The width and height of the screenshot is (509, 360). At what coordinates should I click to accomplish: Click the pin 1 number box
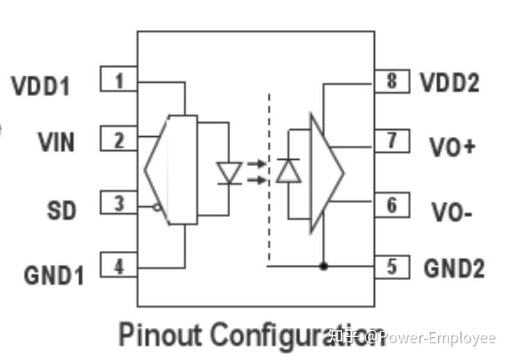[119, 79]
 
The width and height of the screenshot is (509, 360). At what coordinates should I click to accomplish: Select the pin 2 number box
[119, 138]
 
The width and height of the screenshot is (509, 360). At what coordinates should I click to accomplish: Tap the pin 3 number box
[119, 202]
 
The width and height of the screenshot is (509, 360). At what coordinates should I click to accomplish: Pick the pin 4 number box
[119, 265]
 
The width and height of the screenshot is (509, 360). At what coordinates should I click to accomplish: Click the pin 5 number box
[392, 267]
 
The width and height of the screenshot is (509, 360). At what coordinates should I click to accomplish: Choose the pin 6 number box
[392, 204]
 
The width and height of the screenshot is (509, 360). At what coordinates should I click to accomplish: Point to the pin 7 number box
[392, 141]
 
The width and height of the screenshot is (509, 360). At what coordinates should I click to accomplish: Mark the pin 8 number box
[392, 81]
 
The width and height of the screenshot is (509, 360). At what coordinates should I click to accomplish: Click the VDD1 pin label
[40, 86]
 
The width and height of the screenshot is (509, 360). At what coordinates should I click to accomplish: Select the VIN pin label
[56, 142]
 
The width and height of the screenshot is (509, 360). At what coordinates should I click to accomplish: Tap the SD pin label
[62, 211]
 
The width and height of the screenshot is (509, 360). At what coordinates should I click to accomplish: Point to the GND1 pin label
[54, 275]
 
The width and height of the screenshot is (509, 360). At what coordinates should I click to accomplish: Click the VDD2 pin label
[450, 83]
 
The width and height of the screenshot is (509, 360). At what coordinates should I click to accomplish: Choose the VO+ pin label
[453, 147]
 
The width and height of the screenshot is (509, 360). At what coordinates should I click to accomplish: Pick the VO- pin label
[451, 212]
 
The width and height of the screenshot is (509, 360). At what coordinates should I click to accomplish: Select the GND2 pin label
[454, 268]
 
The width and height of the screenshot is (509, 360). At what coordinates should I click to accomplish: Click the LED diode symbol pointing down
[229, 173]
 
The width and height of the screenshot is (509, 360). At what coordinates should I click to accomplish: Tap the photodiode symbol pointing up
[289, 170]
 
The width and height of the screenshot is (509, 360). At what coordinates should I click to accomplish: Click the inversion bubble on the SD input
[157, 207]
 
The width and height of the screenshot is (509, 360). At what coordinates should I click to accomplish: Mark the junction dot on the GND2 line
[323, 266]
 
